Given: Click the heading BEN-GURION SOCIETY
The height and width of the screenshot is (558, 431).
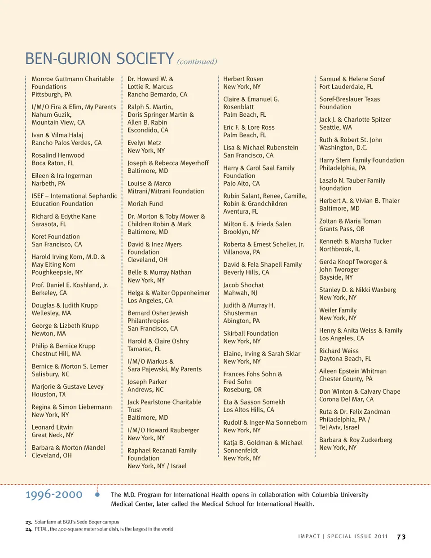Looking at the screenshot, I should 99,59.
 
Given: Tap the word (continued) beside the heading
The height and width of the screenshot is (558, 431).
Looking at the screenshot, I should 197,62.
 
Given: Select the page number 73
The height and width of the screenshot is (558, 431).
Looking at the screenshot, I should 401,537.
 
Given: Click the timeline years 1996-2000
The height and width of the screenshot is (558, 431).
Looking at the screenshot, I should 54,495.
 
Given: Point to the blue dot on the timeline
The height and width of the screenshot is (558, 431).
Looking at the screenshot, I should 97,495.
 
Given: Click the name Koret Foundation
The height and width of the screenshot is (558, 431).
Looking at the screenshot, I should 56,237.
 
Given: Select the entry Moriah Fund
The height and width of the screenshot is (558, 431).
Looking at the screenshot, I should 145,204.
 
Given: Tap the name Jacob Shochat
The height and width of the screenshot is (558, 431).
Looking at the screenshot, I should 243,285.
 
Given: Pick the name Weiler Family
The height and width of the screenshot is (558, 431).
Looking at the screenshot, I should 338,310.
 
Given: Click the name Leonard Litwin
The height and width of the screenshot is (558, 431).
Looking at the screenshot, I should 52,427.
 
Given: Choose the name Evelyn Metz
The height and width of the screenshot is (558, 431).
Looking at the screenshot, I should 144,143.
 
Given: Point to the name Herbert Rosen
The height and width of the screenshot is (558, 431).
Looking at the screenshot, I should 243,79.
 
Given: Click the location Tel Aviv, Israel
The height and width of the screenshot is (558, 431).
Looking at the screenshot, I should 339,427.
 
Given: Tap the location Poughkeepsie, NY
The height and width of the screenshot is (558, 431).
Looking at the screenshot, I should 57,272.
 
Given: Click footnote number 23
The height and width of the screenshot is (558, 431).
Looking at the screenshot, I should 29,522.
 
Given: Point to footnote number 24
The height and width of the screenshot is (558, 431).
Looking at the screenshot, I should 29,529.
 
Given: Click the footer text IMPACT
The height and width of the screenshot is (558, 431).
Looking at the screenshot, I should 309,536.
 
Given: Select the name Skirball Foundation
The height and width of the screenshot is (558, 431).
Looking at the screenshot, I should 251,334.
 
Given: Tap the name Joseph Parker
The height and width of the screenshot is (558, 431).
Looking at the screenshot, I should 147,382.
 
